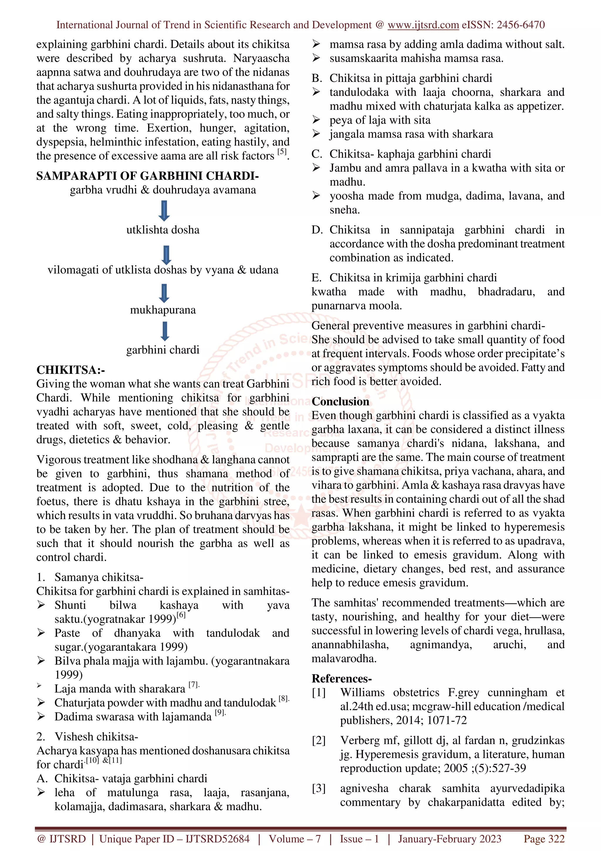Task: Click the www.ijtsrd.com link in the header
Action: (x=423, y=25)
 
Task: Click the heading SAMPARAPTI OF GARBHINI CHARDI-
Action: (x=147, y=176)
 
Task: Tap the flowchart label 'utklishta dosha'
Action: (x=163, y=230)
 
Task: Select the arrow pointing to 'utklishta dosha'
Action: (x=164, y=211)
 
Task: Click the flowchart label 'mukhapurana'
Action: (x=163, y=310)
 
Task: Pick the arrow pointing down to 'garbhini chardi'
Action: (x=165, y=331)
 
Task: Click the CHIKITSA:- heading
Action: (x=71, y=370)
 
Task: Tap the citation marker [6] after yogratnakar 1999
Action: (x=181, y=615)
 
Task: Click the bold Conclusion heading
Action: (x=340, y=401)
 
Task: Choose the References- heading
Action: (x=341, y=679)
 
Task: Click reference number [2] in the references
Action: (x=318, y=741)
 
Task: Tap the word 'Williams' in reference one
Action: (x=362, y=692)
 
